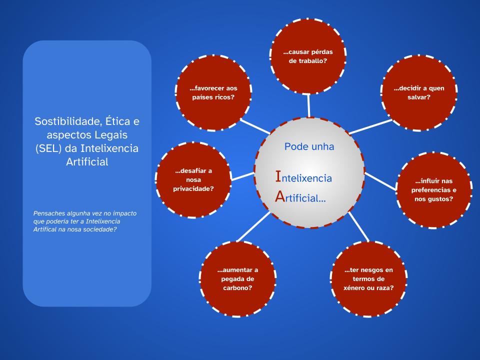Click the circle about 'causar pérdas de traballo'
point(308,56)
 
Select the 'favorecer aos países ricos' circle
point(213,93)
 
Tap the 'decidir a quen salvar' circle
point(419,93)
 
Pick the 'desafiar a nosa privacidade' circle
point(193,179)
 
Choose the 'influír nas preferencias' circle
point(434,190)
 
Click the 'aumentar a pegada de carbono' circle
point(237,279)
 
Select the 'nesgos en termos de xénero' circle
point(368,279)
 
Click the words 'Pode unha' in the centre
point(309,146)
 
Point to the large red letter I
point(278,176)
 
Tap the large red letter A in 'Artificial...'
point(280,196)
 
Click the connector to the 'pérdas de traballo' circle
point(308,105)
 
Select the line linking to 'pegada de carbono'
point(253,226)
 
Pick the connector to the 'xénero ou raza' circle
point(359,226)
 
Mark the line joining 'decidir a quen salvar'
point(370,126)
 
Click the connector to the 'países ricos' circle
point(255,126)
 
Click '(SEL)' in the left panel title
point(48,148)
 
